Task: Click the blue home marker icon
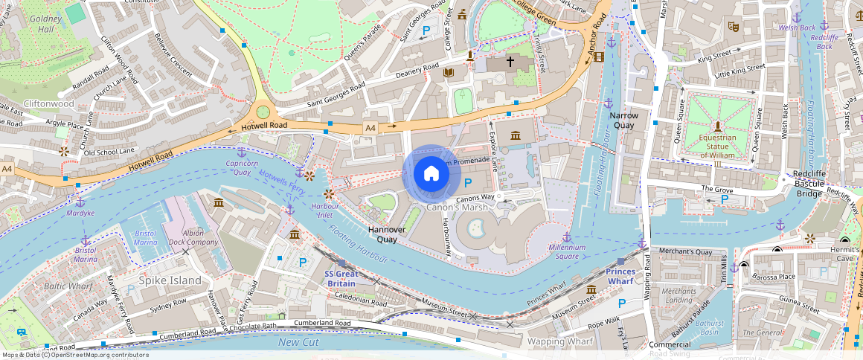(431, 173)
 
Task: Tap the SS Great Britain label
(341, 278)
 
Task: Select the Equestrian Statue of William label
(717, 146)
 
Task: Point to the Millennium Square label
(568, 251)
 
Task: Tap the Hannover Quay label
(387, 234)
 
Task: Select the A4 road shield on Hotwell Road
(370, 128)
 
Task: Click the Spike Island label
(170, 280)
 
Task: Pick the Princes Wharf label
(620, 277)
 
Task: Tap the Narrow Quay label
(624, 120)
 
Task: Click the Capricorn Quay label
(241, 167)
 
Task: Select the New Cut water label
(298, 342)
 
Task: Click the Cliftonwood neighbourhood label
(49, 104)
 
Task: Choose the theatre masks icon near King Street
(733, 26)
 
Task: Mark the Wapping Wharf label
(559, 341)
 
